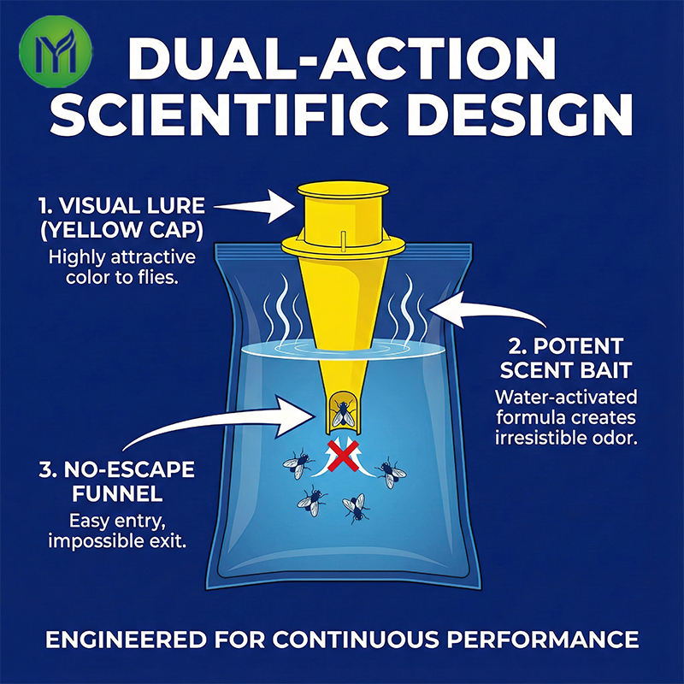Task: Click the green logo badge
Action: click(x=56, y=51)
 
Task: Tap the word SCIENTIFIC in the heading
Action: click(x=220, y=115)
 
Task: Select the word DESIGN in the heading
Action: click(x=520, y=115)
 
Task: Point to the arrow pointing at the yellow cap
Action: click(x=255, y=206)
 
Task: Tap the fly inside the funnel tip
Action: click(x=343, y=412)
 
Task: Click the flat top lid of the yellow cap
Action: click(x=344, y=189)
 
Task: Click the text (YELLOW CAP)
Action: click(x=121, y=230)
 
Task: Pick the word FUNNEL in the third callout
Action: click(x=117, y=494)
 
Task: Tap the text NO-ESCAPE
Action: click(x=129, y=469)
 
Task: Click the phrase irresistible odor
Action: click(x=566, y=439)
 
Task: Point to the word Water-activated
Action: click(x=566, y=398)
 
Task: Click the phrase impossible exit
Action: click(x=117, y=542)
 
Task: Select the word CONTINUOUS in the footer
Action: click(x=356, y=640)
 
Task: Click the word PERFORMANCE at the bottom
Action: click(x=543, y=640)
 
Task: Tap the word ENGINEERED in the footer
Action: click(x=126, y=640)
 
